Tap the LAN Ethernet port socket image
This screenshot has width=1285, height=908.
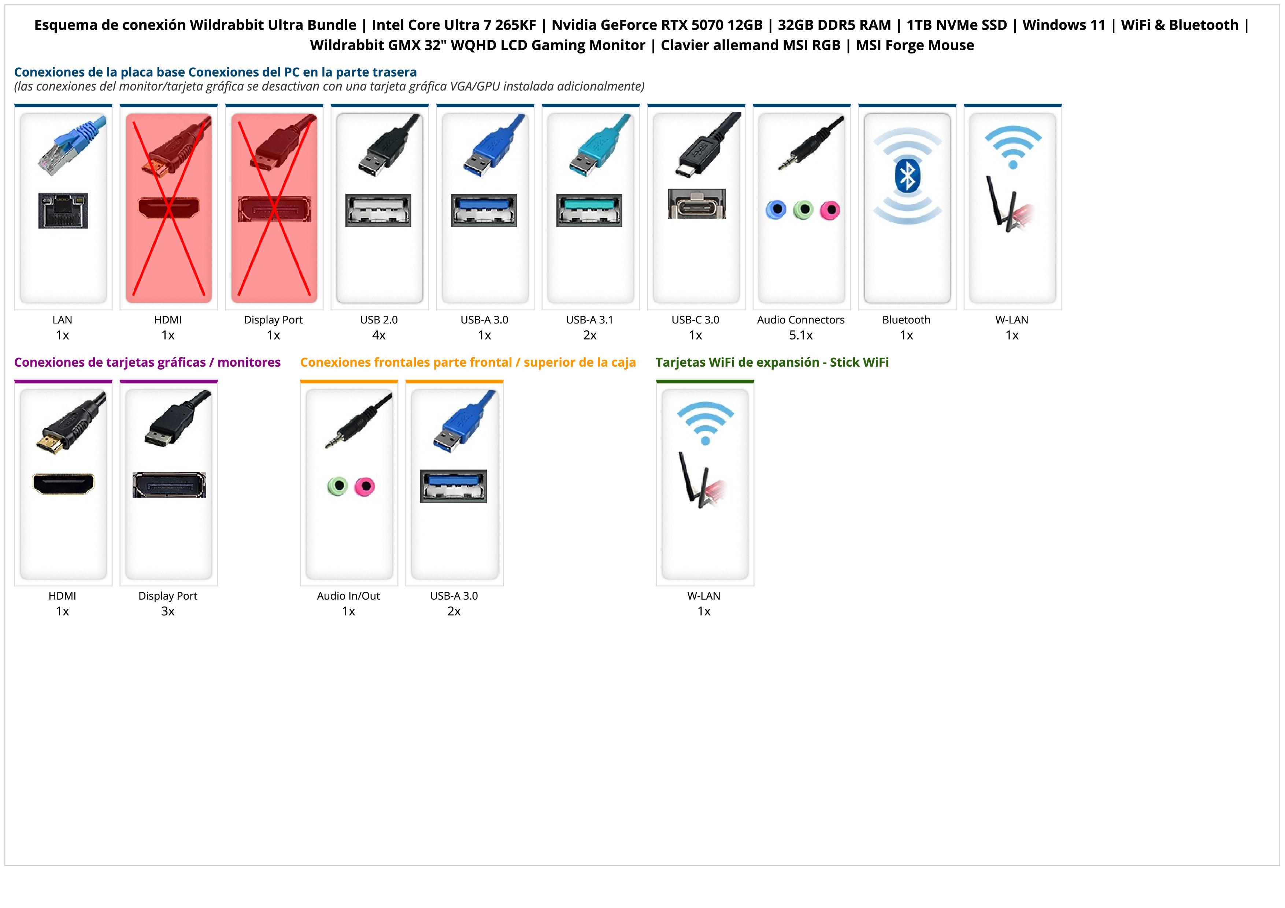63,210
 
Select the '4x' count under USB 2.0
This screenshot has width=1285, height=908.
379,335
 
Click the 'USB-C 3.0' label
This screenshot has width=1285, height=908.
695,320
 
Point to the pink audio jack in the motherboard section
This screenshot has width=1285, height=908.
830,210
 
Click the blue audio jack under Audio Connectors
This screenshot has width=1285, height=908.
776,210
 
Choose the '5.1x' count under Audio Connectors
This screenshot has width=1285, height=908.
801,335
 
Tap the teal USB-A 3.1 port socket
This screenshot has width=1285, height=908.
589,210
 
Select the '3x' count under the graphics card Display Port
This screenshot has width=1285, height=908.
168,611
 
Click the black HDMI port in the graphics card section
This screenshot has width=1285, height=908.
63,484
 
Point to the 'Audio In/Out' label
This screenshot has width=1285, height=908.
348,596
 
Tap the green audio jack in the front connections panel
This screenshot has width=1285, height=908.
337,486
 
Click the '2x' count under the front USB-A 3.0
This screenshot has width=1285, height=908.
454,611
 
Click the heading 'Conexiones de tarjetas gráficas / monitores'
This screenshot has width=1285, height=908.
147,363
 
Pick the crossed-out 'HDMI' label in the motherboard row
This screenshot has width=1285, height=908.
168,320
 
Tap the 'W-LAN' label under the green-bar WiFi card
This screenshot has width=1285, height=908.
704,596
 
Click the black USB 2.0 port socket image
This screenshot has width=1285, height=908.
378,210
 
